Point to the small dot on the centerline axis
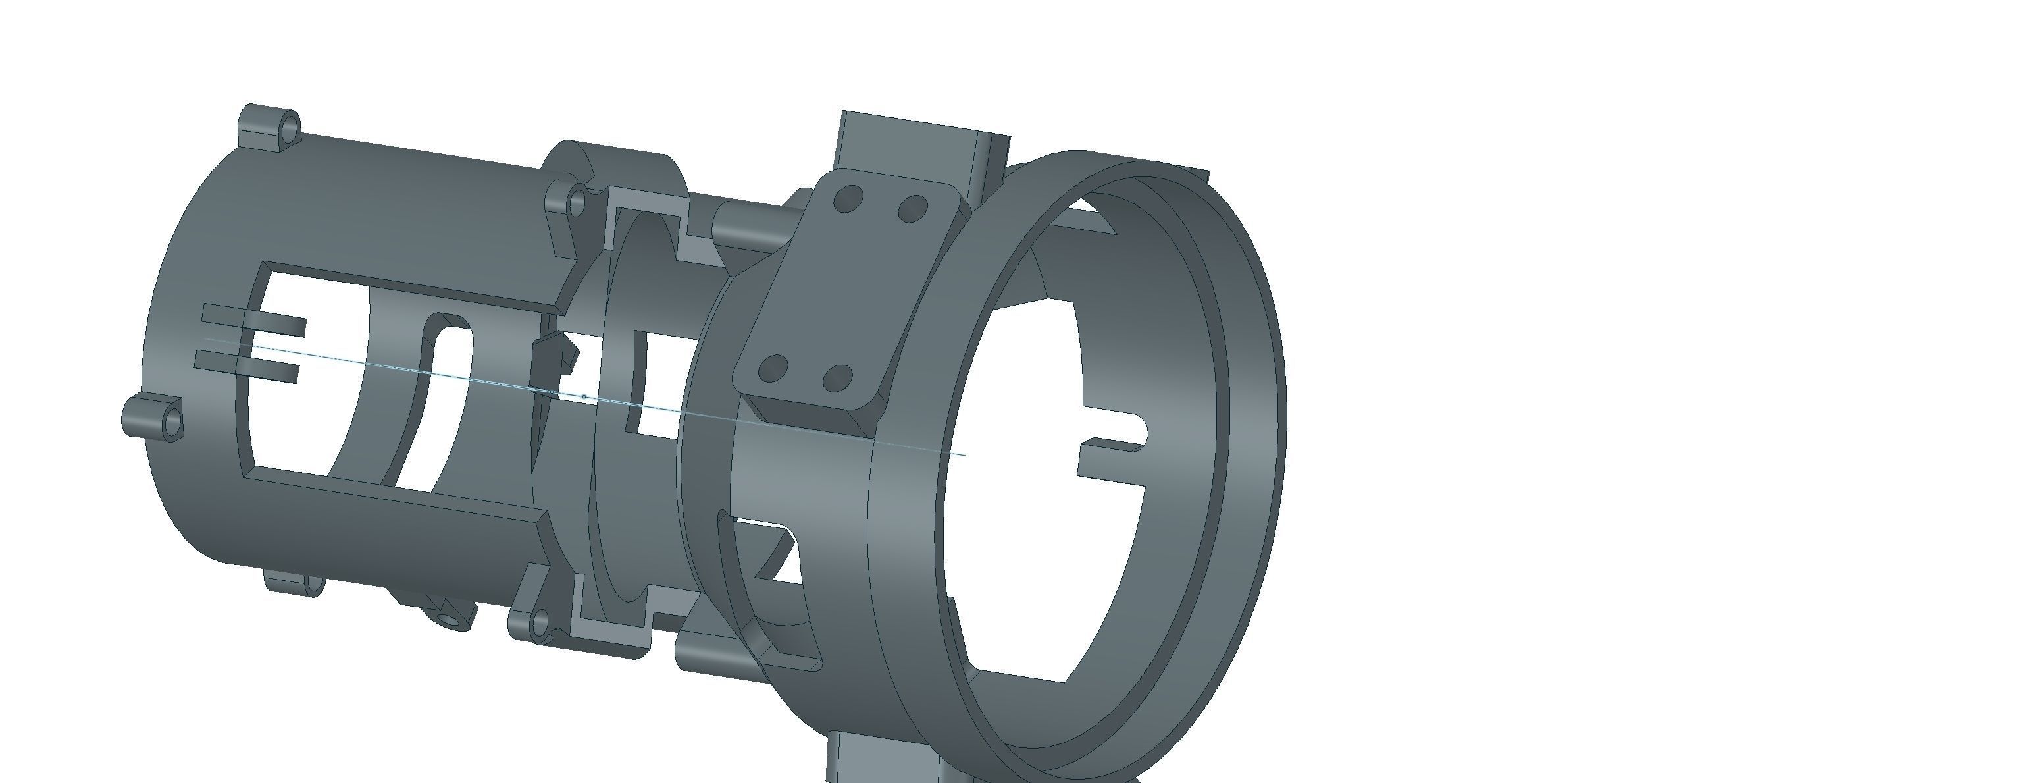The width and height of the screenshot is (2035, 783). (x=584, y=396)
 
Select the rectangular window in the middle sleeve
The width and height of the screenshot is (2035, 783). (x=663, y=383)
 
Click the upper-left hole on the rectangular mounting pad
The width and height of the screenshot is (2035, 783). (x=848, y=198)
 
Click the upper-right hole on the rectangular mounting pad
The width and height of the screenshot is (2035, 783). (x=914, y=209)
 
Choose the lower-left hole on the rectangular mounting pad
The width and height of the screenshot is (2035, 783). (x=774, y=368)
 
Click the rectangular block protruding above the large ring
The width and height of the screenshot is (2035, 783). (x=916, y=142)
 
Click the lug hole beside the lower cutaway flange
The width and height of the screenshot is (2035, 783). (x=540, y=622)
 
